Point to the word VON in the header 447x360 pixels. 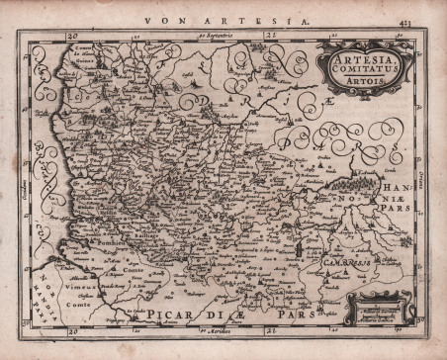click(158, 18)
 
